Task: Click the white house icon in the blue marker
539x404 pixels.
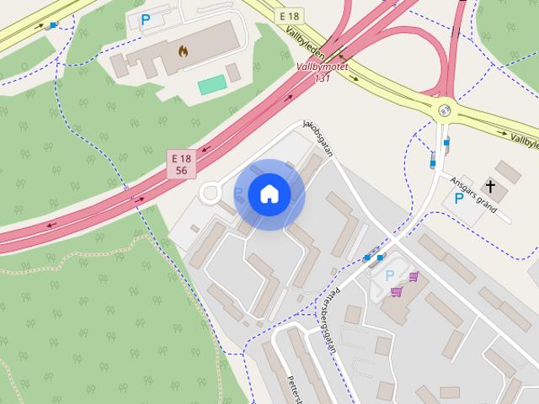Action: [x=269, y=194]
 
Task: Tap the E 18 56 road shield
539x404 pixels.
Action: [x=181, y=164]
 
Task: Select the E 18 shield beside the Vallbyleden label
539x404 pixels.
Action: [x=290, y=15]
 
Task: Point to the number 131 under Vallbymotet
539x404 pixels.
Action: [x=321, y=77]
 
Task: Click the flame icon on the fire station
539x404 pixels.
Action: [x=183, y=50]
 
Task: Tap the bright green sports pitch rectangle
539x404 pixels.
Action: [x=212, y=85]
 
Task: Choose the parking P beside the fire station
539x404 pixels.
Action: [x=146, y=19]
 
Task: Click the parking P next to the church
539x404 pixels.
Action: [x=459, y=199]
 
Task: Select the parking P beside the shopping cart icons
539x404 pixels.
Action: [x=389, y=275]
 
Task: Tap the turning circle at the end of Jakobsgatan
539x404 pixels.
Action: [x=211, y=193]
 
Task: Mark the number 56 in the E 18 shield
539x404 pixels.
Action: [x=181, y=170]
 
